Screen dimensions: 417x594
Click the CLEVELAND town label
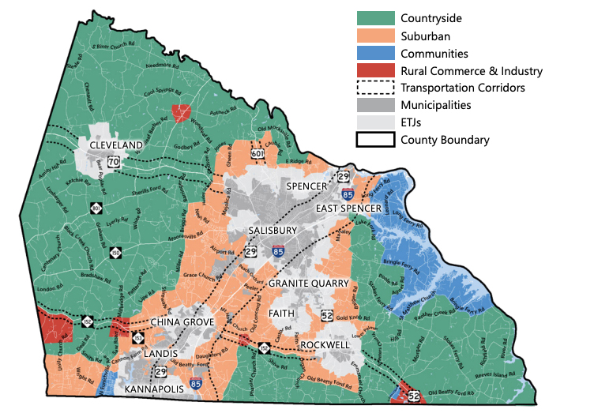pyautogui.click(x=116, y=145)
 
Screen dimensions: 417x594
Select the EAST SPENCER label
pyautogui.click(x=349, y=208)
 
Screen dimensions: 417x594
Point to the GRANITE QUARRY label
pyautogui.click(x=310, y=283)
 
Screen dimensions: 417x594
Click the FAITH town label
pyautogui.click(x=280, y=314)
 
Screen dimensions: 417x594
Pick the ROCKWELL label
pyautogui.click(x=325, y=345)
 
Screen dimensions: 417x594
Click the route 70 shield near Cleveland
pyautogui.click(x=114, y=163)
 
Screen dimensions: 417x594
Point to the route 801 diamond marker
pyautogui.click(x=96, y=208)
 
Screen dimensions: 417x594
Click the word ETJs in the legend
pyautogui.click(x=414, y=122)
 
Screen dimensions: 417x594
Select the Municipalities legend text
pyautogui.click(x=435, y=105)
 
